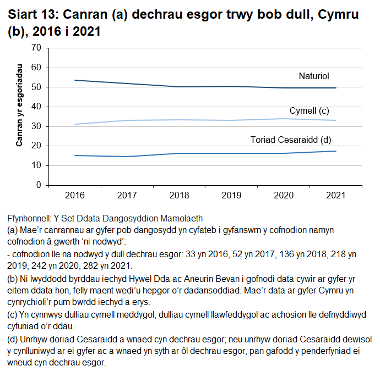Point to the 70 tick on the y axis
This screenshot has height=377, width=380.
37,48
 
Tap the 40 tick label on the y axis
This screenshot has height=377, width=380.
37,107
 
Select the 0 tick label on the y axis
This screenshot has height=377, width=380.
39,185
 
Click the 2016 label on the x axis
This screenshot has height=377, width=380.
75,195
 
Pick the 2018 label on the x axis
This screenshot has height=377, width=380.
180,195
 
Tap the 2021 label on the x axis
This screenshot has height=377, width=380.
336,195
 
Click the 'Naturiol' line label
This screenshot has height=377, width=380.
314,76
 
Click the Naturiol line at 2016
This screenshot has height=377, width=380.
75,80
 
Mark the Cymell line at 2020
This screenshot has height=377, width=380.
284,119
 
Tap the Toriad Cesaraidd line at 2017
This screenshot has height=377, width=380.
127,157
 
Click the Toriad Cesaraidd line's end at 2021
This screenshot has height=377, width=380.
336,151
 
